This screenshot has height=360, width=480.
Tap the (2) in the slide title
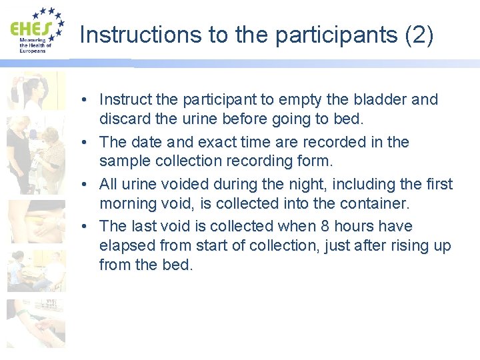point(419,35)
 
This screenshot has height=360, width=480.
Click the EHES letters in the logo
point(30,29)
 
